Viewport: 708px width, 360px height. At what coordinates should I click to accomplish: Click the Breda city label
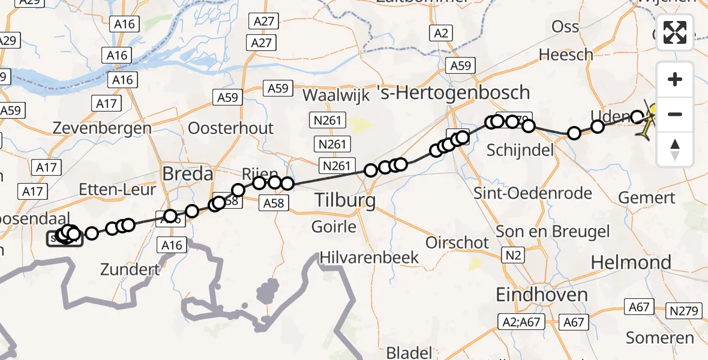pos(188,175)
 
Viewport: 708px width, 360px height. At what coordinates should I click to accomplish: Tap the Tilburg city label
pos(345,201)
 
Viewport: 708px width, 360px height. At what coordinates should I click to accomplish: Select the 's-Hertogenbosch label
pos(453,92)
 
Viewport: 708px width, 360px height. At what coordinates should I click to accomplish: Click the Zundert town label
pos(131,269)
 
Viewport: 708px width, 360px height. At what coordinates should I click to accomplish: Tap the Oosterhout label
pos(230,128)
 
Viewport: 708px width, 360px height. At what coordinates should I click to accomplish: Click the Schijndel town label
pos(520,150)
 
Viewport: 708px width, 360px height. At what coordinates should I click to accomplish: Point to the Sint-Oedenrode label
pos(524,193)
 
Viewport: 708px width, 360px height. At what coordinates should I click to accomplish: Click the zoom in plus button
pos(675,79)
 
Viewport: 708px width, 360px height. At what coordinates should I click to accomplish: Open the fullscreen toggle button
pos(675,32)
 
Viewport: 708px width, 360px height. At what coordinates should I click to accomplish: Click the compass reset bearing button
pos(675,149)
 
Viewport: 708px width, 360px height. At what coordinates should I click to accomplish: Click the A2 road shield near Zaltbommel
pos(441,34)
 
